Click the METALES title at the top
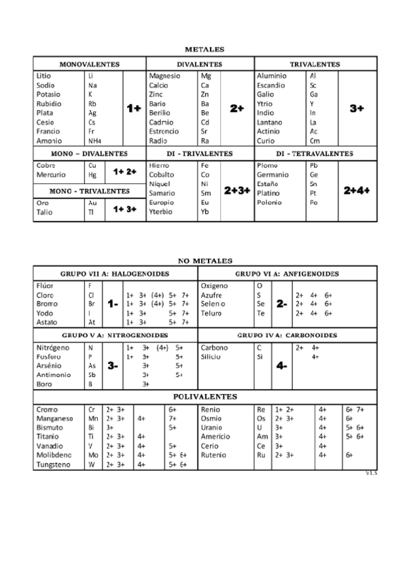[x=205, y=50]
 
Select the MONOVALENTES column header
[x=90, y=64]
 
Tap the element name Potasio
[x=48, y=94]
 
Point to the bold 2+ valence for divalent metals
[x=237, y=108]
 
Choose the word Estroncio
[x=164, y=131]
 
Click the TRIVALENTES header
[x=315, y=64]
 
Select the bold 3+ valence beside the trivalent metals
[x=357, y=108]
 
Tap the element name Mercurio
[x=51, y=175]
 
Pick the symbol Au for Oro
[x=92, y=202]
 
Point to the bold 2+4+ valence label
[x=357, y=191]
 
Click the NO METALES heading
[x=205, y=260]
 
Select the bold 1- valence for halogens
[x=113, y=304]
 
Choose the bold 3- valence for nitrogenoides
[x=113, y=365]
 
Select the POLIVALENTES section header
[x=205, y=396]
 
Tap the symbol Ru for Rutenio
[x=260, y=455]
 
